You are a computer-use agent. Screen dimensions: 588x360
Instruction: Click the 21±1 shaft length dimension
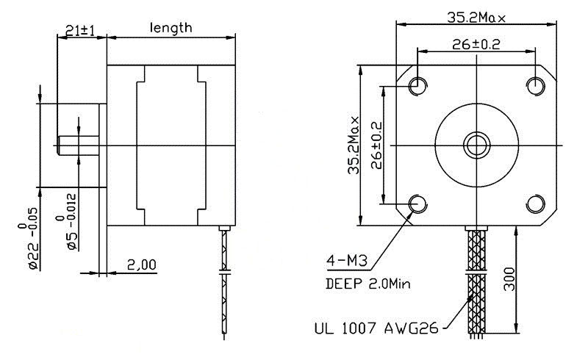pyautogui.click(x=79, y=30)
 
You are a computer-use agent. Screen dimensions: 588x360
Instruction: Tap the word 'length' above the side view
pyautogui.click(x=171, y=28)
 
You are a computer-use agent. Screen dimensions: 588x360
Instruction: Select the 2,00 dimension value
pyautogui.click(x=141, y=264)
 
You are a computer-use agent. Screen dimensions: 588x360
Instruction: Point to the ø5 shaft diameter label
pyautogui.click(x=67, y=222)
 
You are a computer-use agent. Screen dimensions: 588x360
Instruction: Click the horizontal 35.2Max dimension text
pyautogui.click(x=476, y=17)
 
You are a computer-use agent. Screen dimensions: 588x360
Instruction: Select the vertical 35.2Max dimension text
pyautogui.click(x=354, y=145)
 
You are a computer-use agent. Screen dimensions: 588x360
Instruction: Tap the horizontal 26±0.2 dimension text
pyautogui.click(x=476, y=44)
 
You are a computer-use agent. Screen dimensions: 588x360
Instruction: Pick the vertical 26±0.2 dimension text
pyautogui.click(x=376, y=145)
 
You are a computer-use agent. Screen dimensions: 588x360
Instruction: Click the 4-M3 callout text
pyautogui.click(x=346, y=260)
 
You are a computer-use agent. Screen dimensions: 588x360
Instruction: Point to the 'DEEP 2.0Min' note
pyautogui.click(x=368, y=284)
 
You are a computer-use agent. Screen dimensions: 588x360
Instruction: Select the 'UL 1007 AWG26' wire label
pyautogui.click(x=376, y=328)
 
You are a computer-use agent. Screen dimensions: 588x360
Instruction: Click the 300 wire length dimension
pyautogui.click(x=509, y=279)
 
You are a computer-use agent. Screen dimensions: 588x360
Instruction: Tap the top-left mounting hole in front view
pyautogui.click(x=417, y=85)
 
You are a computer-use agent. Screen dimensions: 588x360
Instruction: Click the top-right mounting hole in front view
pyautogui.click(x=536, y=85)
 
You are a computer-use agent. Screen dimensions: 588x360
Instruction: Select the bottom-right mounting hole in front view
pyautogui.click(x=536, y=204)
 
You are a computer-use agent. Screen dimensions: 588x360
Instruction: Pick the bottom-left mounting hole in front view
pyautogui.click(x=417, y=204)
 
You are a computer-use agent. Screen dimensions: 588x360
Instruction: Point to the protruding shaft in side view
pyautogui.click(x=78, y=145)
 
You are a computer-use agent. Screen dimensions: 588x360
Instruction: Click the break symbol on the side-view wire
pyautogui.click(x=224, y=272)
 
